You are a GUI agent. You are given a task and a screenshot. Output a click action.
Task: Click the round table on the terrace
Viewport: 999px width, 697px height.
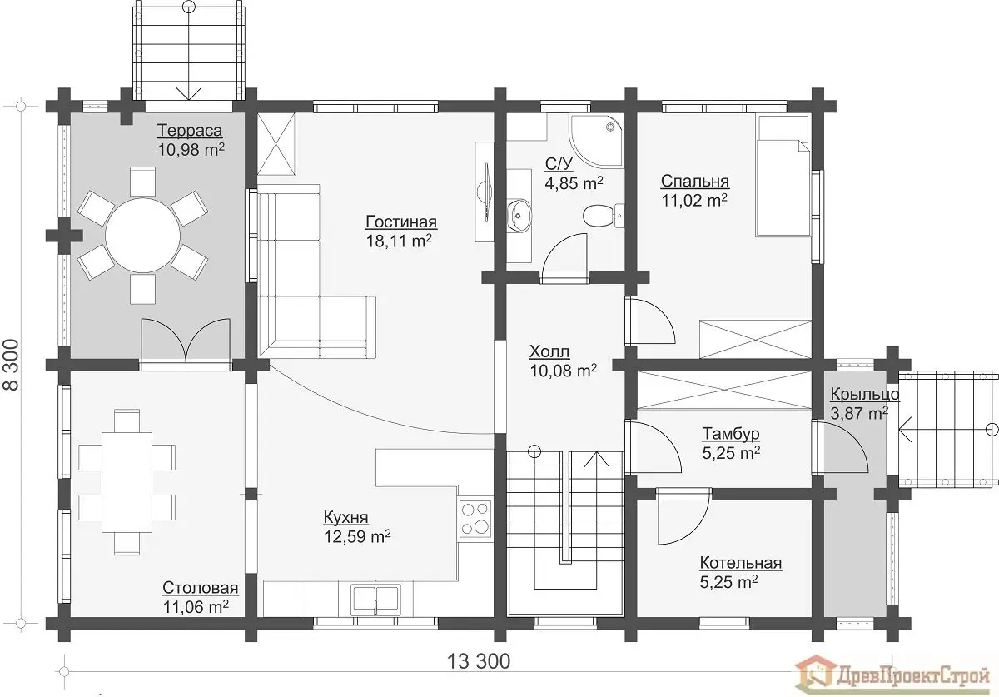(x=142, y=235)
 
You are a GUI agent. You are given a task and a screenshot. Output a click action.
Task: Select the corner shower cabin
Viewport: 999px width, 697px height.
(x=596, y=141)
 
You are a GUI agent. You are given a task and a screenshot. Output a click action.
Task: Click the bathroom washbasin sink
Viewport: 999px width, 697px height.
(x=519, y=216)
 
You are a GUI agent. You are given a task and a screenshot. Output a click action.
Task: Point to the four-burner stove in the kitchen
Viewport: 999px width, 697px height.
(x=475, y=518)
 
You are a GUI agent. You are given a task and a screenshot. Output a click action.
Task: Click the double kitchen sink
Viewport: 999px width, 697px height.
(x=376, y=600)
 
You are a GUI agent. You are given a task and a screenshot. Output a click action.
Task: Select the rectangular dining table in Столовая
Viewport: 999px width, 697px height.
(x=127, y=482)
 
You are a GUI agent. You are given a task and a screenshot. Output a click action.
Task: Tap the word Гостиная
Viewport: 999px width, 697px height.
(x=401, y=222)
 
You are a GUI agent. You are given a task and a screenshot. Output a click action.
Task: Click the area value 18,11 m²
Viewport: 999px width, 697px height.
(x=399, y=241)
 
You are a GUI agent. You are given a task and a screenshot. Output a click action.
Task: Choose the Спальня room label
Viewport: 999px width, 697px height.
(x=695, y=182)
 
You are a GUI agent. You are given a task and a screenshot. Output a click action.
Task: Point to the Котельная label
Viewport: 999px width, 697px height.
(x=741, y=563)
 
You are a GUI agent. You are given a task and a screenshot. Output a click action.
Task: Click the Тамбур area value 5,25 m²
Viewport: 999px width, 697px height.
(x=732, y=453)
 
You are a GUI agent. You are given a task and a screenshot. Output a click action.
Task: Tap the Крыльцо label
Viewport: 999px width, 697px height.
(x=865, y=395)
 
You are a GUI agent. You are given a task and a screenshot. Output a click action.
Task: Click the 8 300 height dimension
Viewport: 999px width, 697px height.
(x=12, y=365)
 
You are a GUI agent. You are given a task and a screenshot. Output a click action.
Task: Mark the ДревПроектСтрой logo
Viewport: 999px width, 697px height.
(x=897, y=677)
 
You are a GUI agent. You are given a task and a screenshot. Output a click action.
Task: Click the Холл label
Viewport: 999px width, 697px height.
(x=549, y=351)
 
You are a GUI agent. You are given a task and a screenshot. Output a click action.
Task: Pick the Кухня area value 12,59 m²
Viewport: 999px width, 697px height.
(x=357, y=536)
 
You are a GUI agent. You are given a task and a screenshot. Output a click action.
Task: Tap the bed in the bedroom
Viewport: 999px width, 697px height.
(x=783, y=176)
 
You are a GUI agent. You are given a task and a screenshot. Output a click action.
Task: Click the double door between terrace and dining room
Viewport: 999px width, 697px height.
(x=186, y=344)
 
